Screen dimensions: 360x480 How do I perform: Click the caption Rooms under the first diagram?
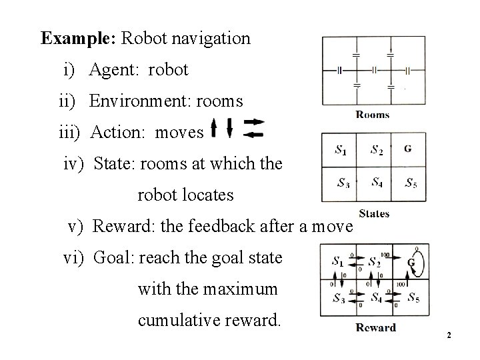(x=373, y=115)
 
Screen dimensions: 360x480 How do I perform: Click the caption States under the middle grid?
(x=374, y=213)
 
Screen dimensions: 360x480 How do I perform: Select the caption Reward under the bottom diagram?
(x=375, y=327)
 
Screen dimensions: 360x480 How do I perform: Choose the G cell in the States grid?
(x=407, y=149)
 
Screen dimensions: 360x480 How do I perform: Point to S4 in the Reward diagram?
(x=377, y=297)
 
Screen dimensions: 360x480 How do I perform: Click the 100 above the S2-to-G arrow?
(x=384, y=254)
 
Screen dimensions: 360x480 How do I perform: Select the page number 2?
(x=449, y=334)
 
